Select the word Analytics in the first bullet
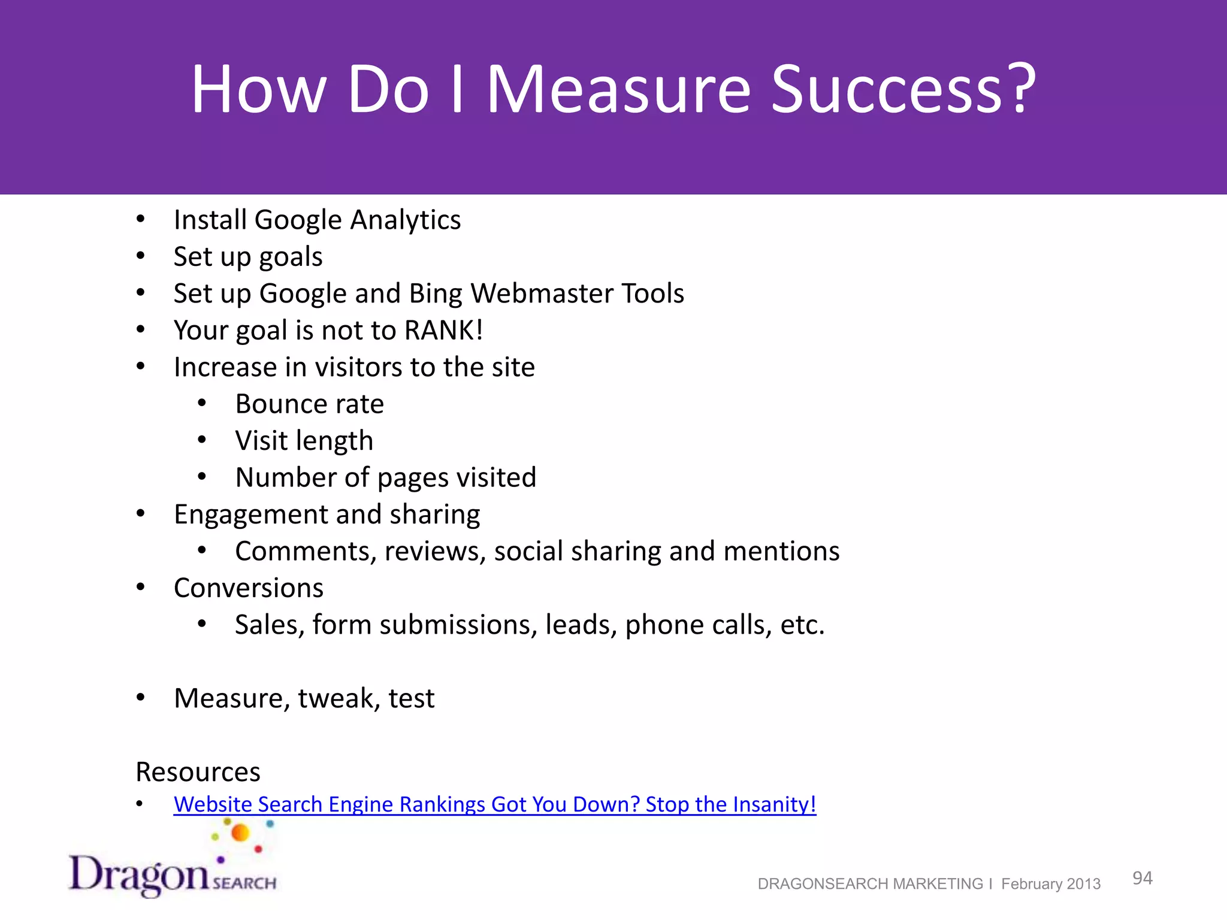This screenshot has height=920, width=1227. (x=406, y=220)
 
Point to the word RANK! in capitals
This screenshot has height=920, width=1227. (x=443, y=331)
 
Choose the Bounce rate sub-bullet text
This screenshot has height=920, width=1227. (x=309, y=404)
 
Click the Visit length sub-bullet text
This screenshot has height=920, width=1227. (x=304, y=441)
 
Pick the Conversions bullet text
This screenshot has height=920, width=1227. (x=248, y=588)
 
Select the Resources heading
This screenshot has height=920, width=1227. (x=198, y=772)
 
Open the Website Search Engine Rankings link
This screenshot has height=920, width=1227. (x=494, y=804)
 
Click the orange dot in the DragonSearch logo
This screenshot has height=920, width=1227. (x=240, y=833)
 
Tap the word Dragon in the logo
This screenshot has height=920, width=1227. (x=139, y=875)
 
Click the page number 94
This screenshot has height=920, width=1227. (x=1142, y=878)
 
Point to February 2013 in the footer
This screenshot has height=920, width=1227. (x=1050, y=884)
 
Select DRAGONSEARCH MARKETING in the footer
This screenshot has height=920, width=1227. (x=870, y=884)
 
